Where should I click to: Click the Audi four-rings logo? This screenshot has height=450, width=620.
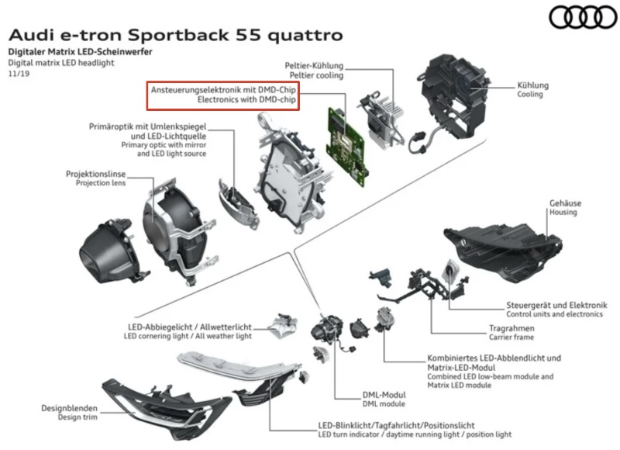[x=580, y=17]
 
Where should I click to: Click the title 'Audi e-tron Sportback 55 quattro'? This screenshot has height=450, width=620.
[x=175, y=36]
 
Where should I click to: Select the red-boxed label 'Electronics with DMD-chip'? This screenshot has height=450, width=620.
[x=246, y=100]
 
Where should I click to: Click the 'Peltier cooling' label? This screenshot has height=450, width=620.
[x=316, y=75]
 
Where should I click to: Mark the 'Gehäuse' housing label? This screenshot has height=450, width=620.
[x=566, y=203]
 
